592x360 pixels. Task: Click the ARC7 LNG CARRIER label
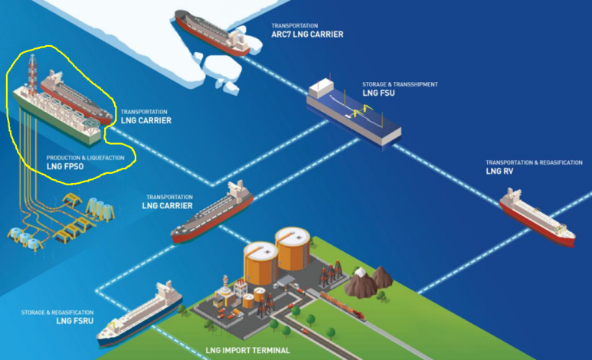pyautogui.click(x=307, y=34)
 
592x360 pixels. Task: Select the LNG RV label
pyautogui.click(x=499, y=171)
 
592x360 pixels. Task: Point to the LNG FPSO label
pyautogui.click(x=64, y=165)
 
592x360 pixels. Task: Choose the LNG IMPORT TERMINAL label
pyautogui.click(x=248, y=351)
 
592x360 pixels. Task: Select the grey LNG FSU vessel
pyautogui.click(x=354, y=112)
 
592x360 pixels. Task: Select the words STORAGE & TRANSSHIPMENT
pyautogui.click(x=400, y=84)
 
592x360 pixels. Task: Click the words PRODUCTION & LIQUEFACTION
pyautogui.click(x=85, y=158)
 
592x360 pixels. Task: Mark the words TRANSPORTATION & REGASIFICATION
pyautogui.click(x=535, y=162)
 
